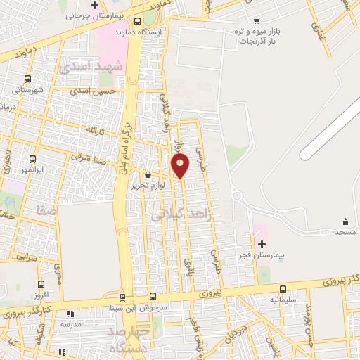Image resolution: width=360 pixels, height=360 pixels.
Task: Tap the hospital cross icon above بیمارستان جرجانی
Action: pyautogui.click(x=104, y=5)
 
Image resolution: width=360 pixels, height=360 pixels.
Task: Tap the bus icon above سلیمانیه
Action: pyautogui.click(x=283, y=289)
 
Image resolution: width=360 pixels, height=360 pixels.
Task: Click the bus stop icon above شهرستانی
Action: pyautogui.click(x=27, y=79)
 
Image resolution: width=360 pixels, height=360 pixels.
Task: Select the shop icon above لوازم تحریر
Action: pyautogui.click(x=148, y=176)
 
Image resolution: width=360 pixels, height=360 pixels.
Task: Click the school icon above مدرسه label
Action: pyautogui.click(x=69, y=314)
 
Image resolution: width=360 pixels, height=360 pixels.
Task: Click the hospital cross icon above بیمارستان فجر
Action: pyautogui.click(x=262, y=243)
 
